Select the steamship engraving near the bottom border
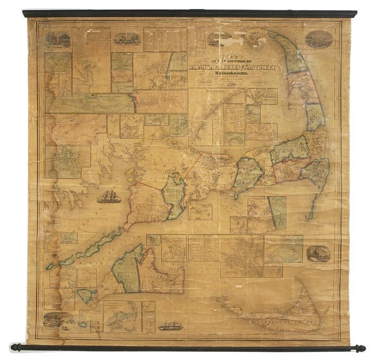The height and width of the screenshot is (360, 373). pos(169,324)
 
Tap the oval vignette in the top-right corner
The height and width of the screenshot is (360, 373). pos(319,40)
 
